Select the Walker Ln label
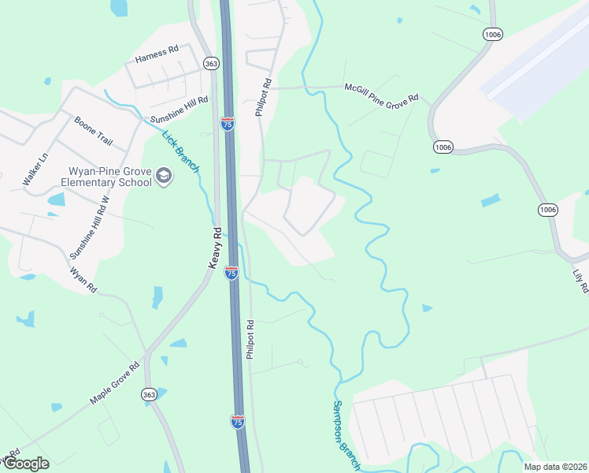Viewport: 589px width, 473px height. click(x=35, y=169)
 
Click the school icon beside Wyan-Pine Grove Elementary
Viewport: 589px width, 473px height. click(x=164, y=175)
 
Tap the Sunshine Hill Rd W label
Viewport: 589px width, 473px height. click(x=87, y=229)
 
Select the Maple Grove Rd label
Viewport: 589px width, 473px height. click(x=114, y=383)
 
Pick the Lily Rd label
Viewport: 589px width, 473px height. click(x=581, y=279)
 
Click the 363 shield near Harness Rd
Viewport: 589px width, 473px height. click(x=210, y=63)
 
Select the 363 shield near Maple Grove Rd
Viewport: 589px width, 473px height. click(x=150, y=393)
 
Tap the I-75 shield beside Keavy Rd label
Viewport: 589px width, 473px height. click(x=232, y=273)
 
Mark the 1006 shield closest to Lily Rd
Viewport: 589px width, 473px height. click(x=548, y=209)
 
